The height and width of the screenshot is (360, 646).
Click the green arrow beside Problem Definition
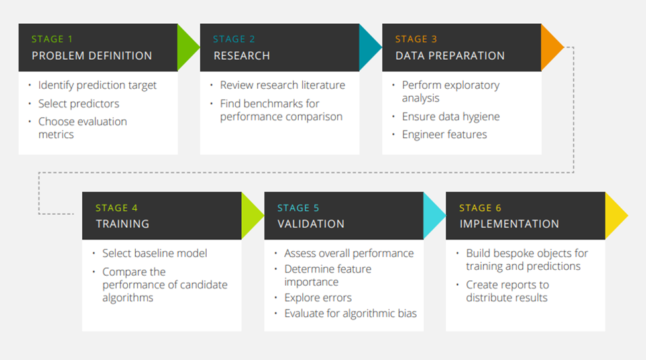click(187, 48)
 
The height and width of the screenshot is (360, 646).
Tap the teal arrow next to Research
click(369, 48)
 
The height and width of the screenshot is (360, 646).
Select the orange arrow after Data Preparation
click(551, 48)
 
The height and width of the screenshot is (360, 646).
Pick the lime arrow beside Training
click(251, 215)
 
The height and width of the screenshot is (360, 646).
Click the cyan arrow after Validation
click(433, 215)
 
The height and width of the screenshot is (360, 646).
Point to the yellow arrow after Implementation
click(616, 215)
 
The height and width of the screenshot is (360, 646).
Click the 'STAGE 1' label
click(52, 39)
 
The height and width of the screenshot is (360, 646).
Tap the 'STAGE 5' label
click(298, 208)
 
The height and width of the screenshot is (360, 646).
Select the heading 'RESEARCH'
click(241, 56)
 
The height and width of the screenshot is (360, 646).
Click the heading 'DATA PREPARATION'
click(450, 56)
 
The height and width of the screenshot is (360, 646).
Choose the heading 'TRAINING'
click(123, 224)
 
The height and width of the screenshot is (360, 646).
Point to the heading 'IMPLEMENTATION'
click(510, 224)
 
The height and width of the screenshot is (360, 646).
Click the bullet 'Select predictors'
click(79, 103)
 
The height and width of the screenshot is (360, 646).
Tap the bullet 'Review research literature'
click(283, 85)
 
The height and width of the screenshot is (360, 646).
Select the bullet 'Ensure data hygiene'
click(451, 117)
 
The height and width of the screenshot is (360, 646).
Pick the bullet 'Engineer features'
click(444, 135)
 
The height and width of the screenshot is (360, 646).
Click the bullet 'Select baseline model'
click(154, 253)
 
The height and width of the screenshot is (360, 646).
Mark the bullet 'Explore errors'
click(317, 298)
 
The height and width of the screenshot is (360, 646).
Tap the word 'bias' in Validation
click(407, 314)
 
